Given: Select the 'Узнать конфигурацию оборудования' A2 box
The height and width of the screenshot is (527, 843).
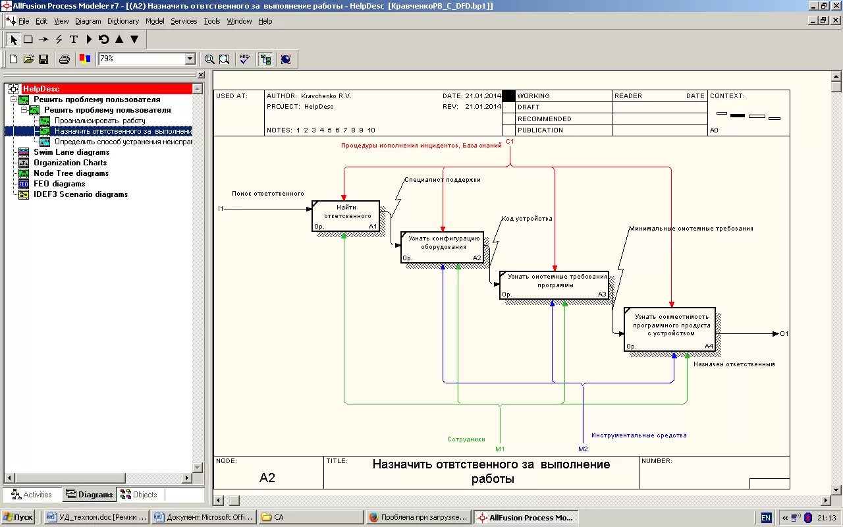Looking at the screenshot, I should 442,247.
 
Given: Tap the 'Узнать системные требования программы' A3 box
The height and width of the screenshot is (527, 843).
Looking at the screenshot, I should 554,284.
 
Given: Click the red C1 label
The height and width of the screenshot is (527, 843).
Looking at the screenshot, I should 510,142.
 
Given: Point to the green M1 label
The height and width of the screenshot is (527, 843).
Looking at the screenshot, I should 500,449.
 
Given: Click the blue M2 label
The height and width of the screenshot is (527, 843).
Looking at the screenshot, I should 583,449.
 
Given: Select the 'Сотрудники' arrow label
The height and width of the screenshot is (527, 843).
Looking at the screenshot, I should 466,439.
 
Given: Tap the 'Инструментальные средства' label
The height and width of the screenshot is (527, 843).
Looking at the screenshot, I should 639,435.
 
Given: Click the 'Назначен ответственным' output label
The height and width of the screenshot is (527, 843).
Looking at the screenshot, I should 734,364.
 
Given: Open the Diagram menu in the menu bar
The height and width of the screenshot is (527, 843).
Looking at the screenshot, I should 88,21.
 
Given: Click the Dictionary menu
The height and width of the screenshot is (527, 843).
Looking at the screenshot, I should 123,21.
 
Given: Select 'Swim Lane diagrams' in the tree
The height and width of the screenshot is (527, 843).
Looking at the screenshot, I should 71,152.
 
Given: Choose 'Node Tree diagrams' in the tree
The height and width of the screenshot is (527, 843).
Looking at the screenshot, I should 71,173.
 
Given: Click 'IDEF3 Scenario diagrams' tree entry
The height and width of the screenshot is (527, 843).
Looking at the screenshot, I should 80,194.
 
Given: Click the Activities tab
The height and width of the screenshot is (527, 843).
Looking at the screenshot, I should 32,495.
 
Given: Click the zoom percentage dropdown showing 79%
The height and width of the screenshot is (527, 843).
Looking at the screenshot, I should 146,59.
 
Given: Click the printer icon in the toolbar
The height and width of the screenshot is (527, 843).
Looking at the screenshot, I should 65,59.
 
